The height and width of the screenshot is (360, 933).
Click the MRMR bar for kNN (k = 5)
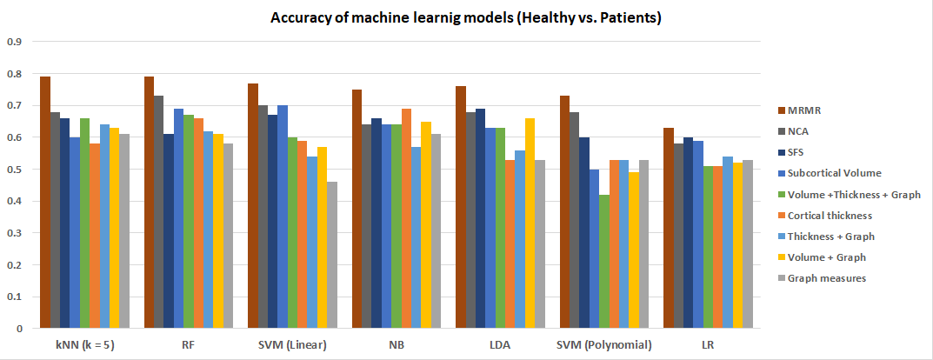[x=45, y=203]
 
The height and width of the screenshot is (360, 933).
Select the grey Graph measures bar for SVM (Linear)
[x=332, y=255]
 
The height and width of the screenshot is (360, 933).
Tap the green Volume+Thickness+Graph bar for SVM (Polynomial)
[x=604, y=261]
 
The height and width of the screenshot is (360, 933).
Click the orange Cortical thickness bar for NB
[x=406, y=218]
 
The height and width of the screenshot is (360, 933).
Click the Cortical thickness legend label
[x=830, y=215]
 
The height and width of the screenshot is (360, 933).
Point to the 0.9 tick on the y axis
[x=14, y=43]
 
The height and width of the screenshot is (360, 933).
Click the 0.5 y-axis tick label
[x=14, y=170]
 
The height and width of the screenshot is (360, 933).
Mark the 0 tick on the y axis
[x=18, y=329]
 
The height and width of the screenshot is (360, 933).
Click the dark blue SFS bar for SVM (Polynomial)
[x=584, y=233]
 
